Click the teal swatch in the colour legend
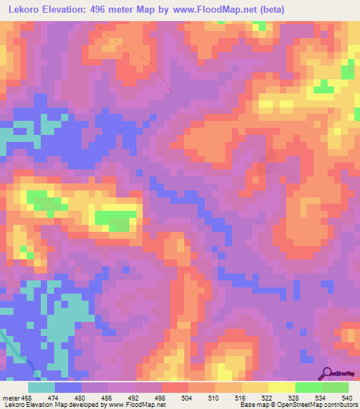coord(41,387)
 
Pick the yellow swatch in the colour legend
coord(282,387)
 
